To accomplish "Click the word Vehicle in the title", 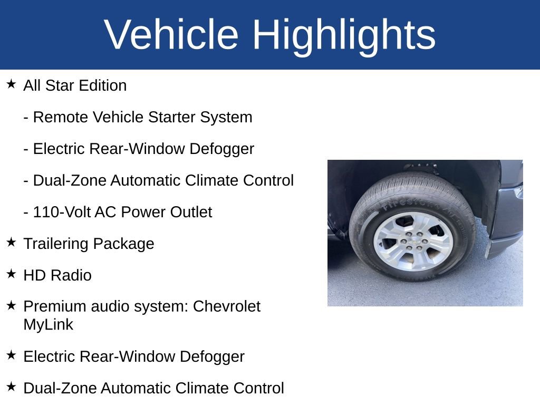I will point(171,34).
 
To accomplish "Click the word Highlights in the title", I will point(344,34).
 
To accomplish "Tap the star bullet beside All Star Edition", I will point(11,84).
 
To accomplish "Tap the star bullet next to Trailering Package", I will point(11,243).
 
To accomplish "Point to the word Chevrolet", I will point(227,306).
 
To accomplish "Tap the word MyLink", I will point(49,325).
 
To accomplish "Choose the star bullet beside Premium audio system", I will point(11,305).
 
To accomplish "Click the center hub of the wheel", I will point(412,242).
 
